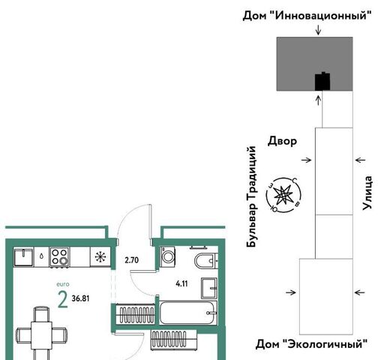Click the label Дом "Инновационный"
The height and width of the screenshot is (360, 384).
(x=307, y=16)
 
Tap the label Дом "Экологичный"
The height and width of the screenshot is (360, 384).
(x=311, y=344)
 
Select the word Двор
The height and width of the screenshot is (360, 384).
(x=282, y=141)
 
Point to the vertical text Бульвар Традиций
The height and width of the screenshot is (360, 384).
(x=251, y=196)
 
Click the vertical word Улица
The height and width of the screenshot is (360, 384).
(x=367, y=193)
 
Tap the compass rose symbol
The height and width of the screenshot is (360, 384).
(x=283, y=195)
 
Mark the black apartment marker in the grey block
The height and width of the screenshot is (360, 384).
(x=322, y=81)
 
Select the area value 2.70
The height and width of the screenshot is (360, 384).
(x=132, y=260)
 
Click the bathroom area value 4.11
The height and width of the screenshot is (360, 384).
(x=181, y=283)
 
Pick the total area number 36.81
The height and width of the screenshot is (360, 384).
(x=80, y=298)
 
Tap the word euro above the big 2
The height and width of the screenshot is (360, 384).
(x=63, y=284)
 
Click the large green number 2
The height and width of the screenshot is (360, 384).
(x=62, y=300)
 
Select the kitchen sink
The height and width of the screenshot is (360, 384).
(x=23, y=256)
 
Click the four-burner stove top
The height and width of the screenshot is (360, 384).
(x=59, y=256)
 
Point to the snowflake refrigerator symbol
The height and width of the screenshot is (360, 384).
(x=100, y=256)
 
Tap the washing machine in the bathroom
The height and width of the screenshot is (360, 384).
(x=168, y=256)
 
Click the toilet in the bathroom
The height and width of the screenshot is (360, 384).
(x=205, y=261)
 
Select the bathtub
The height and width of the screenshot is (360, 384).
(x=187, y=313)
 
